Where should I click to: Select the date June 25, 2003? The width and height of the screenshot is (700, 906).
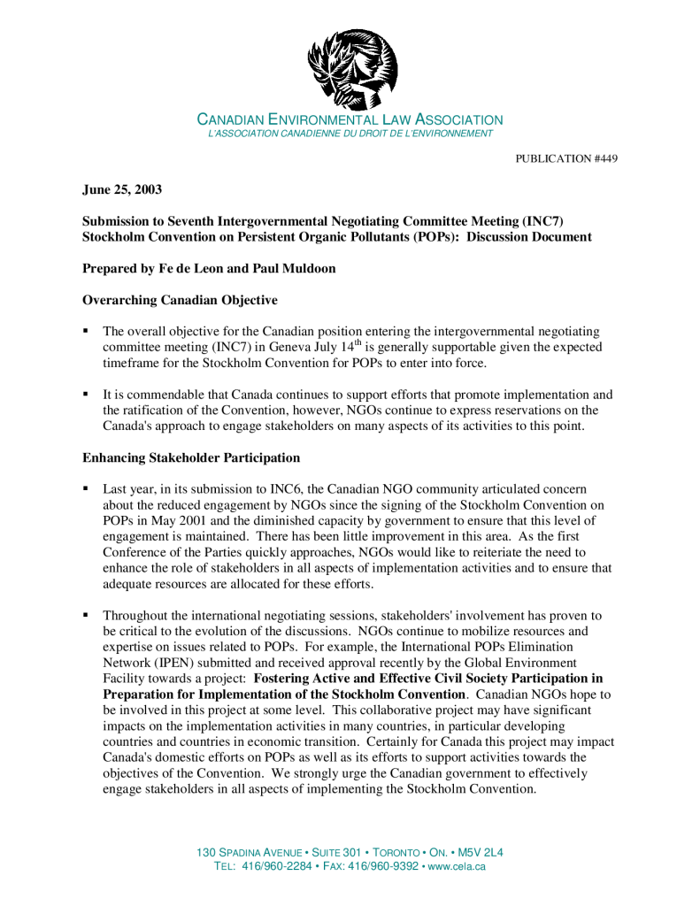(x=122, y=189)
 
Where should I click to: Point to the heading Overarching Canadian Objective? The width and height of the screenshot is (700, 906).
(x=180, y=300)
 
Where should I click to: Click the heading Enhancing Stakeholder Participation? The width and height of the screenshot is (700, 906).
(x=191, y=457)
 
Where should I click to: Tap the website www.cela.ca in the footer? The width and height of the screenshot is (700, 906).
(x=457, y=866)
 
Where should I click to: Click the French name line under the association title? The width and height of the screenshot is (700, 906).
(x=350, y=134)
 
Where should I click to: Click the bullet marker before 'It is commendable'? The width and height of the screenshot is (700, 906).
(x=86, y=394)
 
